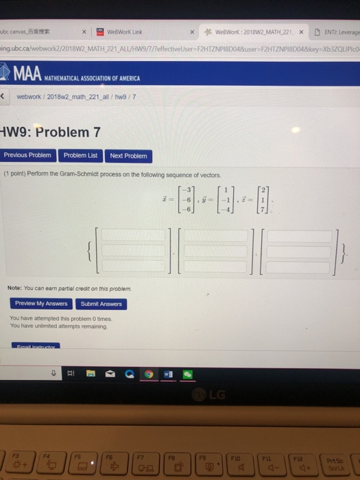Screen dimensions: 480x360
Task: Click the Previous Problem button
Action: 27,156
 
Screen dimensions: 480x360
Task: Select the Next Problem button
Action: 128,156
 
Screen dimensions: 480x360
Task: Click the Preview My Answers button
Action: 41,304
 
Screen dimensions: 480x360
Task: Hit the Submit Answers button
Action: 101,304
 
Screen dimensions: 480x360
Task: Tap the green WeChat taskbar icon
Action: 187,374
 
